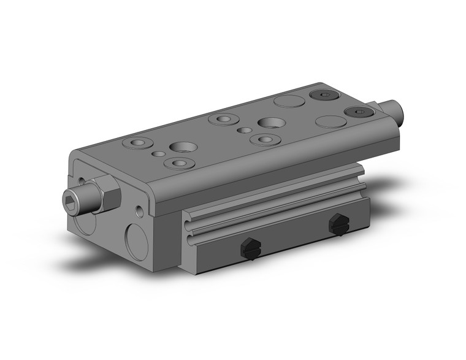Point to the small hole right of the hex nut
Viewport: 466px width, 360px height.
click(x=142, y=212)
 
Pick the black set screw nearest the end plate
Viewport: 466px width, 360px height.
click(x=250, y=247)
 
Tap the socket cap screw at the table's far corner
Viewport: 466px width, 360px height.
click(x=323, y=95)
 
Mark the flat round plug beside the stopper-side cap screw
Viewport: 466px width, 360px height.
click(x=330, y=121)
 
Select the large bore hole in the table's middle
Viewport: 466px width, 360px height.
click(x=269, y=123)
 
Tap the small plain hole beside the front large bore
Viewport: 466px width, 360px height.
click(x=158, y=154)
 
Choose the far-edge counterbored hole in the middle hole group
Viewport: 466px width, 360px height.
click(x=220, y=118)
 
